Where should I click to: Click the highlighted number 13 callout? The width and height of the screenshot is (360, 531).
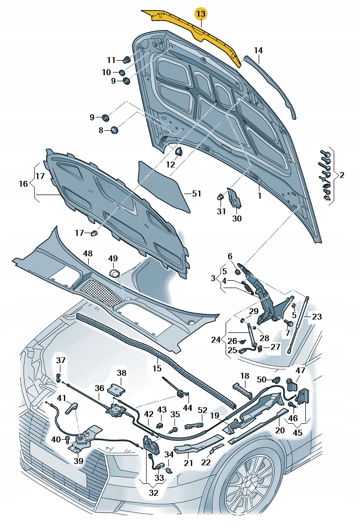[x=200, y=15]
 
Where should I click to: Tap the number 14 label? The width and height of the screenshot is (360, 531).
[x=258, y=50]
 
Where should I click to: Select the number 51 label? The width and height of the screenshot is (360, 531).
[x=196, y=194]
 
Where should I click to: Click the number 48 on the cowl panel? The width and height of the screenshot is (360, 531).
[x=88, y=254]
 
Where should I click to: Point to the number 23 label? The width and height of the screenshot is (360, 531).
[x=317, y=316]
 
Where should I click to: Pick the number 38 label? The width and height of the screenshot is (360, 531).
[x=122, y=373]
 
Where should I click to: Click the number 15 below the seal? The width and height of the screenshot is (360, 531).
[x=157, y=369]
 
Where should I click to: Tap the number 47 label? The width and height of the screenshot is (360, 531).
[x=300, y=371]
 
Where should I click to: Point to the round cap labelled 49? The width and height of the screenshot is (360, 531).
[x=114, y=273]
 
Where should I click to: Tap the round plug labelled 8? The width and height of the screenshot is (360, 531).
[x=115, y=130]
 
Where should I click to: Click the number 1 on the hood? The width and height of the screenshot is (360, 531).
[x=259, y=196]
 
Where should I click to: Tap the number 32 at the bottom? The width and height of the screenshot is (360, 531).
[x=153, y=492]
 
